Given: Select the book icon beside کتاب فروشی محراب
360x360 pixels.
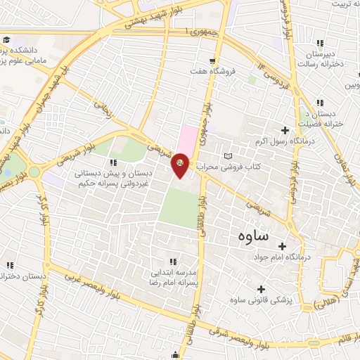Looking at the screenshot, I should coord(226,155).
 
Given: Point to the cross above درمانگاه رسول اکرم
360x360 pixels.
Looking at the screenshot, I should coord(285,130).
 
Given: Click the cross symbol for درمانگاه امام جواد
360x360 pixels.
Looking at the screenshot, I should coord(282,247).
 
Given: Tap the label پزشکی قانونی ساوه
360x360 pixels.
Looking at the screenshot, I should coord(262,300).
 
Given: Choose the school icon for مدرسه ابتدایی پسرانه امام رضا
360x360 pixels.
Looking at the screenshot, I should coord(173,262).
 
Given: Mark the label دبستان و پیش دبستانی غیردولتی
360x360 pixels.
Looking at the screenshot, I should coord(110,172).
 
